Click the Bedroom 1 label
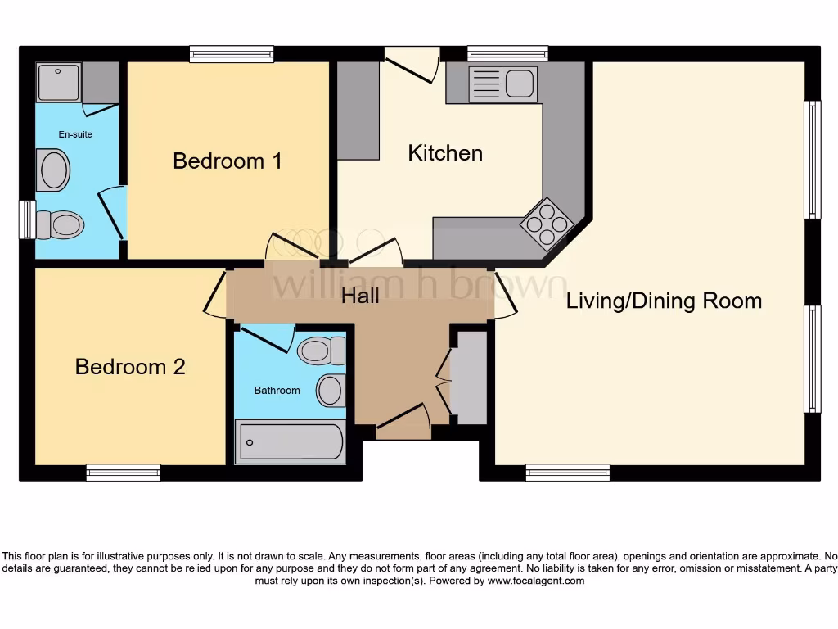[227, 161]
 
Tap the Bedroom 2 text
[130, 366]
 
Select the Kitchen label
[445, 153]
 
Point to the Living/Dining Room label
[664, 301]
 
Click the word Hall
[360, 295]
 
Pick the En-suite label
[75, 134]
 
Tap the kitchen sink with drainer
[502, 84]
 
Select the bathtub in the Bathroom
[290, 442]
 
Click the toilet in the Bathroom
[322, 351]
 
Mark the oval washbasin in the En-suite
[55, 170]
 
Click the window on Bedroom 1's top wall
[232, 54]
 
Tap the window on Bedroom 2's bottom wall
[124, 473]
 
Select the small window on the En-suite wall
[27, 219]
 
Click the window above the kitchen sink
[507, 53]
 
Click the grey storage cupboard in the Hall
[469, 378]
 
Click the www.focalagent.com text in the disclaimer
[536, 581]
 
